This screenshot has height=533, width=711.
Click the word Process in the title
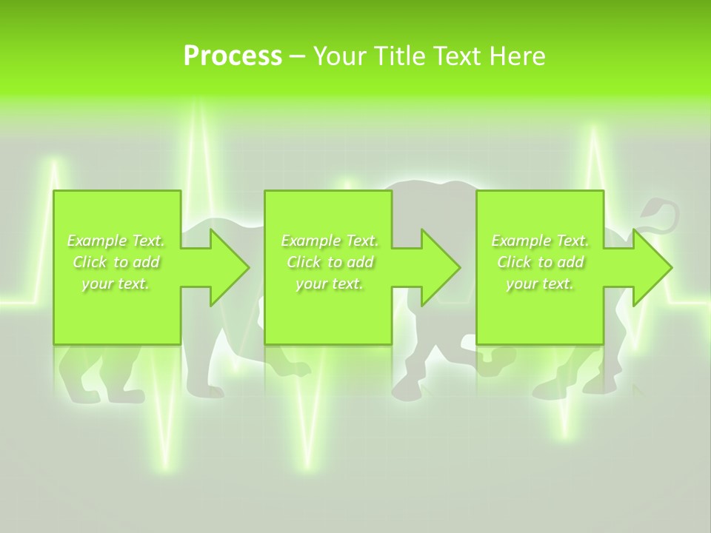coord(233,56)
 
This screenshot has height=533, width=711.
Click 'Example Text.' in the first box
coord(116,241)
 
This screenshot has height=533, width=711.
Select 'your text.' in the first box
coord(116,284)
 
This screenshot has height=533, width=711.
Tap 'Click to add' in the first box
coord(116,262)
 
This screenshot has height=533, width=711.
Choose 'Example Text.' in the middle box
coord(330,241)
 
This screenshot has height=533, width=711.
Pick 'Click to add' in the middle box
coord(330,262)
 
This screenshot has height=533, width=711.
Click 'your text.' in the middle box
coord(330,284)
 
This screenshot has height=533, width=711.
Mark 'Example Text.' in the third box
coord(540,241)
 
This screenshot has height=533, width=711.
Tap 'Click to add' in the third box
coord(540,262)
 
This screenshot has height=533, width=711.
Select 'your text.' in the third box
coord(540,284)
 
